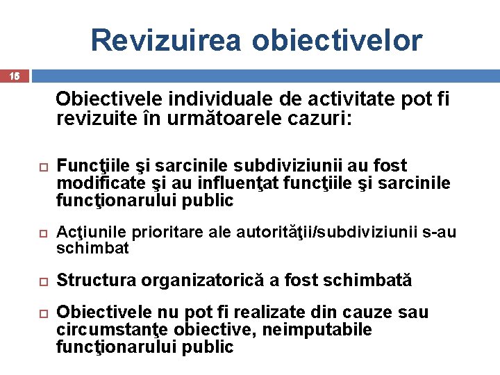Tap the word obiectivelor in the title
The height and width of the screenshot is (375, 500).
point(337,40)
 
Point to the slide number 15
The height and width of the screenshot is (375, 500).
point(15,76)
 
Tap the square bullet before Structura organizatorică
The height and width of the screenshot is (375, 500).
point(42,281)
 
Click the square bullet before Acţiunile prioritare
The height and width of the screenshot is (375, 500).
point(42,233)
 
